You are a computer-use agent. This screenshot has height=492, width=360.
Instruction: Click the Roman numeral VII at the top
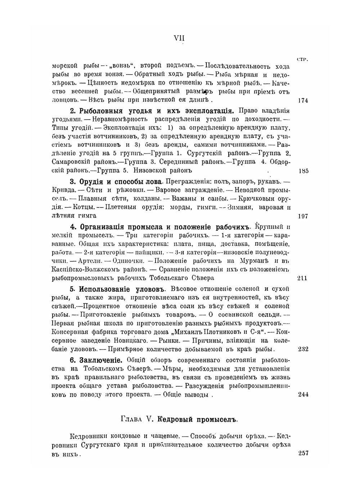179,38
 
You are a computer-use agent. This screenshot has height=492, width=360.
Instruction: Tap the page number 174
303,100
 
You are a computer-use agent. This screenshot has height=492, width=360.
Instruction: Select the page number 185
303,171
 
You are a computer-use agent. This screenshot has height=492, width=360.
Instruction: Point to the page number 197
303,216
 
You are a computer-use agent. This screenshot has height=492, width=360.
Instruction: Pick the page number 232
303,349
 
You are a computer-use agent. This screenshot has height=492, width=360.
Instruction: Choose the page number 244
303,394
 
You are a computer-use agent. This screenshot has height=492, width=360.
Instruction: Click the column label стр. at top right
303,59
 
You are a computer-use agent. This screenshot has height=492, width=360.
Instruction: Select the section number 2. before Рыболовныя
72,111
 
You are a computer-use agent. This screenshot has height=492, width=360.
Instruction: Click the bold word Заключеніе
101,360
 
